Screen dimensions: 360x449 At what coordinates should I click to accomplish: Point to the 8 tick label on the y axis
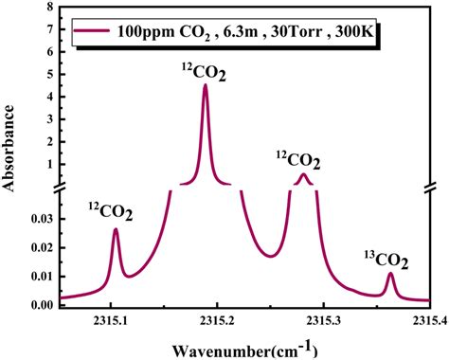point(49,9)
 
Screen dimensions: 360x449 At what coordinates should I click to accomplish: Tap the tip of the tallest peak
point(206,85)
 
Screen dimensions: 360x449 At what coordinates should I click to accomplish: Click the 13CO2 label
point(386,259)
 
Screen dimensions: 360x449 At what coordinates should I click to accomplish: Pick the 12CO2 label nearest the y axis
point(111,212)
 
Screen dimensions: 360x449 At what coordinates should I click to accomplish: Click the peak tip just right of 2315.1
point(116,229)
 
